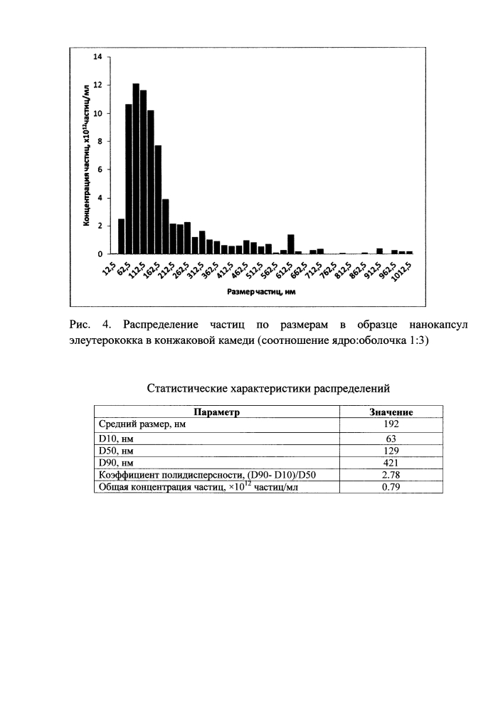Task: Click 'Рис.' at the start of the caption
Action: tap(83, 325)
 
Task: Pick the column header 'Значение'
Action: tap(391, 412)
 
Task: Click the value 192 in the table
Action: tap(391, 424)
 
